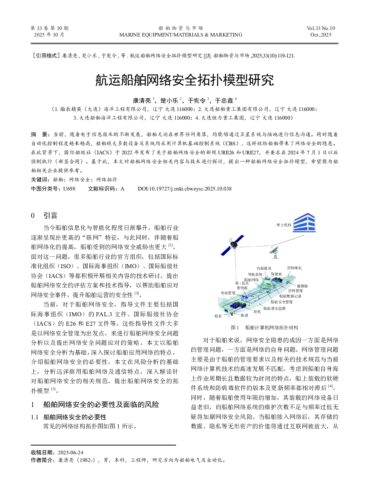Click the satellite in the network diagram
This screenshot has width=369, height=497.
[233, 244]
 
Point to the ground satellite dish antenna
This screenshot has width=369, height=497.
[275, 252]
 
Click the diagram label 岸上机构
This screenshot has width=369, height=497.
[284, 225]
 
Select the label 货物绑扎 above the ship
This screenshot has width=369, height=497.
[294, 268]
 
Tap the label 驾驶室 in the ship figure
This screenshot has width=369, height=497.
[276, 274]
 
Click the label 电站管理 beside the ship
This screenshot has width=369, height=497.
[228, 293]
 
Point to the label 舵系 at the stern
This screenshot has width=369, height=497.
[218, 316]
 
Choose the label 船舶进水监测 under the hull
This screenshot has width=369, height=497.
[274, 308]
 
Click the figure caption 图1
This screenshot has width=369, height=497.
[235, 327]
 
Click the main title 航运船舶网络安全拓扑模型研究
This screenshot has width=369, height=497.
[184, 80]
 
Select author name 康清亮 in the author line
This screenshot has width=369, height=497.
[141, 100]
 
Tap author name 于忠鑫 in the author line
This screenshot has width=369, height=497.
[224, 100]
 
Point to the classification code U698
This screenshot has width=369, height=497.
[69, 189]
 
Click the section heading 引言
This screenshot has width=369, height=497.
[50, 216]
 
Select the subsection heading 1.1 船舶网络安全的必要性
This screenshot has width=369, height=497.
[69, 417]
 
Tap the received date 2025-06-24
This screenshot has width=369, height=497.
[71, 453]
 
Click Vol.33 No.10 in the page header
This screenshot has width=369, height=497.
[321, 28]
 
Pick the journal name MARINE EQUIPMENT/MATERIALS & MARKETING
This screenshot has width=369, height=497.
[181, 35]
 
